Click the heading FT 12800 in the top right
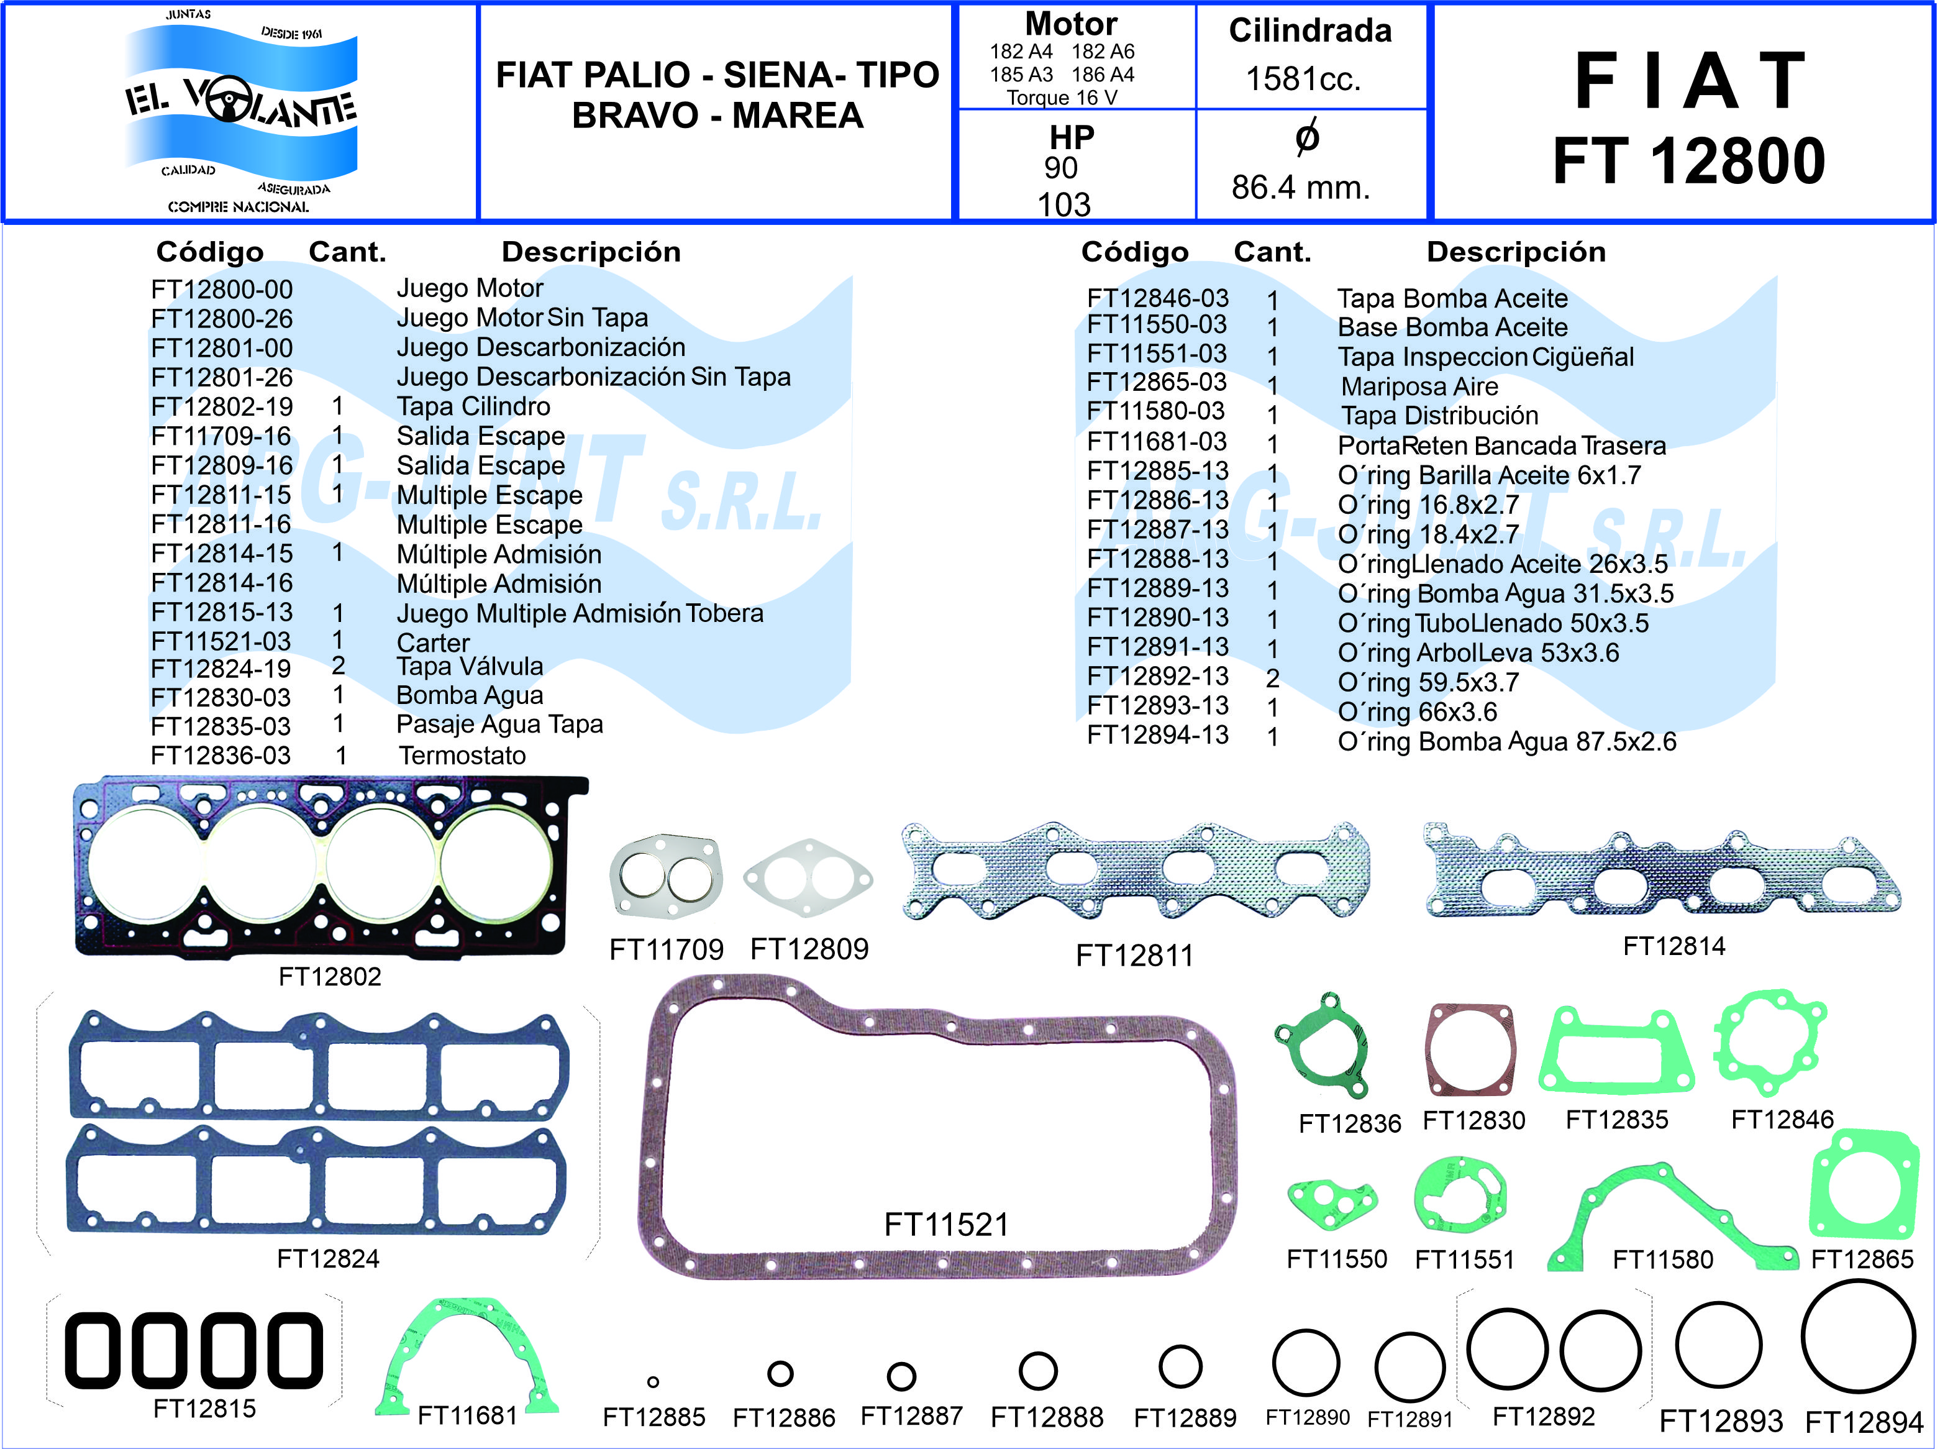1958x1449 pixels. [1689, 162]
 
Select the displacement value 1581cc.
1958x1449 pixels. [1303, 79]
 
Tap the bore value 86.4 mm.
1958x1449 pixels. [1300, 187]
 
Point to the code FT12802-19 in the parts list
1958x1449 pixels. [222, 407]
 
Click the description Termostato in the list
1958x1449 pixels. [462, 755]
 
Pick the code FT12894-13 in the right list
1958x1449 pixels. [1157, 735]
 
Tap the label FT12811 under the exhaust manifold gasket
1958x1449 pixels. [1135, 955]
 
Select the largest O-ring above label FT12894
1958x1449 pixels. [1858, 1337]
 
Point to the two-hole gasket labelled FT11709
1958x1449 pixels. [665, 876]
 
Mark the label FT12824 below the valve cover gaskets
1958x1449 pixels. [328, 1259]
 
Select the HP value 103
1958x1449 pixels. [1063, 204]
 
